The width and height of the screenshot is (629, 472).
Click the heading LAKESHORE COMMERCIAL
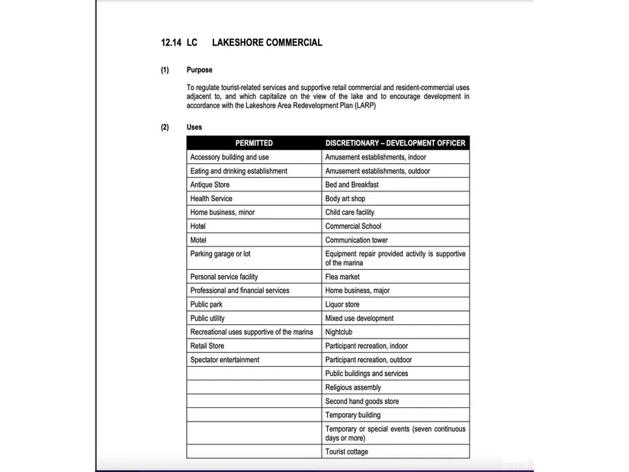(x=267, y=43)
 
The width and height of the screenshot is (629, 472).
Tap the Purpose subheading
(x=200, y=70)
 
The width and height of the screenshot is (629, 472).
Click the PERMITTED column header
(x=254, y=143)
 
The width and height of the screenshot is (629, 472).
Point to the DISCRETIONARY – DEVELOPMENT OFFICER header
(x=395, y=143)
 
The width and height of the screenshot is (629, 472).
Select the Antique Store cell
(x=210, y=185)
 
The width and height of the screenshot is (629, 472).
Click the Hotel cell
(x=198, y=226)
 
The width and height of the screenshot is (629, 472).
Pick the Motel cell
(x=199, y=240)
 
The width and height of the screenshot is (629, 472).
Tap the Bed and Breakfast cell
(x=351, y=185)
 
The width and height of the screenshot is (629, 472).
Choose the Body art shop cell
(x=345, y=199)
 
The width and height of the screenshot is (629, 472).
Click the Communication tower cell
(x=356, y=240)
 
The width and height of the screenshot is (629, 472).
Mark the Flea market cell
(x=342, y=277)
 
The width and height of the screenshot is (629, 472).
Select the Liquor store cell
(x=342, y=304)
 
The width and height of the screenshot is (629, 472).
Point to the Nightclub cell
(x=339, y=332)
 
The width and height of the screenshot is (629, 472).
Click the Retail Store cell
(x=207, y=346)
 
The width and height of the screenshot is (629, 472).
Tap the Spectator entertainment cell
(x=225, y=360)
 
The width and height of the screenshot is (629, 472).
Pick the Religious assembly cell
(x=353, y=387)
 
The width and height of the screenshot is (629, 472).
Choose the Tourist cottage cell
(x=347, y=452)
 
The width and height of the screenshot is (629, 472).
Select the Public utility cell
(x=207, y=319)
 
